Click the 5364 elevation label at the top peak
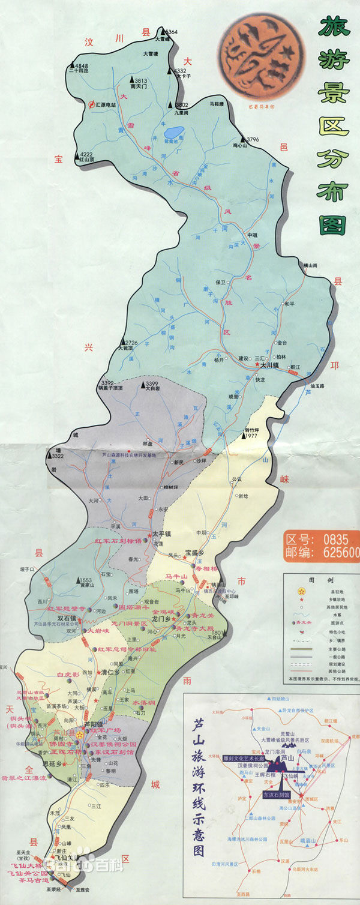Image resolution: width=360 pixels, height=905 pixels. pyautogui.click(x=171, y=31)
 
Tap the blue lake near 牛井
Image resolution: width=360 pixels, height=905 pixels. pyautogui.click(x=175, y=132)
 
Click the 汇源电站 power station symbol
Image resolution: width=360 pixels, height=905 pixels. pyautogui.click(x=92, y=104)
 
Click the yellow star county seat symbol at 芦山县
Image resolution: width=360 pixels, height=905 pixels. pyautogui.click(x=80, y=735)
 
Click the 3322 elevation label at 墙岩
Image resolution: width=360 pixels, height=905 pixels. pyautogui.click(x=58, y=457)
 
